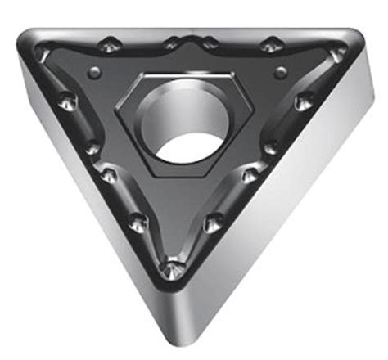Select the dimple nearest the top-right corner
tap(337, 53)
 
